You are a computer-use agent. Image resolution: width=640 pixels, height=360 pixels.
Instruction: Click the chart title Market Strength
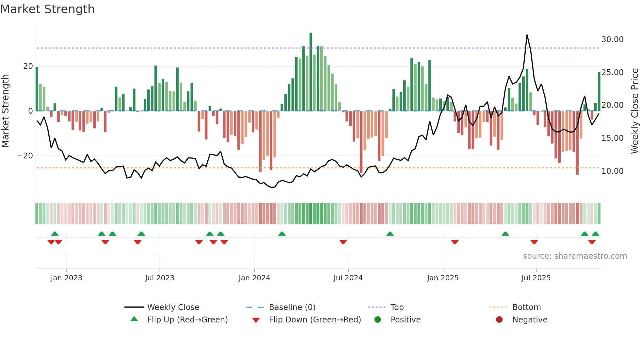tap(47, 9)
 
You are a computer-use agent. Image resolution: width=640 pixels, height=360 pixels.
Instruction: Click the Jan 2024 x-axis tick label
tap(254, 278)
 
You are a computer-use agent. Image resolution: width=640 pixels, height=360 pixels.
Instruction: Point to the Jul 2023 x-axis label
tap(160, 278)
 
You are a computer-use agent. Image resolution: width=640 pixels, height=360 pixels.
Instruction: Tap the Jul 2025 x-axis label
tap(536, 278)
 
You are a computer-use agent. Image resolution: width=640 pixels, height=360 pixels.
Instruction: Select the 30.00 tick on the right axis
tap(612, 40)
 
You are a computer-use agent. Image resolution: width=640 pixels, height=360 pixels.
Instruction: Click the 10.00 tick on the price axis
tap(612, 171)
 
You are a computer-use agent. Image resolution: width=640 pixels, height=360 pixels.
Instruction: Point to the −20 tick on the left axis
tap(25, 156)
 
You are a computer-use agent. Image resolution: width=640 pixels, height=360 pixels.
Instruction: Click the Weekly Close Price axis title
tap(634, 111)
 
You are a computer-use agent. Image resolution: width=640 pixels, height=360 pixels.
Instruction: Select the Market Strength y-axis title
tap(6, 111)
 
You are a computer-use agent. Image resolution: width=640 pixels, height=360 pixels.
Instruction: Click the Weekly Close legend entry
tap(173, 307)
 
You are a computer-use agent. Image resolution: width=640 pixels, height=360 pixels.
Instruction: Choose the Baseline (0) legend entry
tap(292, 307)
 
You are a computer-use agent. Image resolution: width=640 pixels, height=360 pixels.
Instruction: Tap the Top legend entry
tap(397, 307)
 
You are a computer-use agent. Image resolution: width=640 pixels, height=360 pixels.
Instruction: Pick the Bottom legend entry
tap(526, 307)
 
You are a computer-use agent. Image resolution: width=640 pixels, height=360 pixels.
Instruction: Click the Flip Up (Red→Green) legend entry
tap(187, 320)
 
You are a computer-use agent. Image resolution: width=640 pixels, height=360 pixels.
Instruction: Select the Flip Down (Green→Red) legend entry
tap(315, 320)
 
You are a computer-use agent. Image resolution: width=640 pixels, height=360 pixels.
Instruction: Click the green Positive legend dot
tap(378, 320)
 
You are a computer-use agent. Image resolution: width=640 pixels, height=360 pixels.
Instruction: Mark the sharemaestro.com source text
tap(575, 256)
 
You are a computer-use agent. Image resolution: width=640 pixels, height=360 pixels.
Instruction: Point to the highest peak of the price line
tap(527, 35)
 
